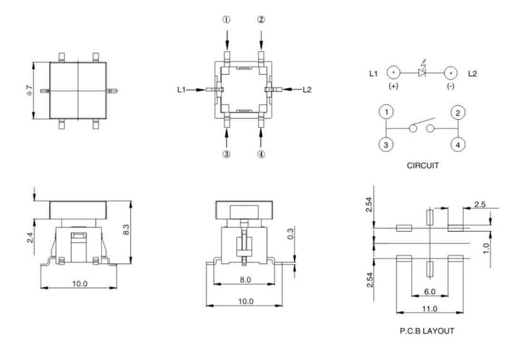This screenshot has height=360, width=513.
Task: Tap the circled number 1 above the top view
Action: coord(227,20)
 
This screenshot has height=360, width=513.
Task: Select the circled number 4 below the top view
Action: coord(261,154)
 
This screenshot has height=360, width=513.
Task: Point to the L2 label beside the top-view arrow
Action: coord(307,89)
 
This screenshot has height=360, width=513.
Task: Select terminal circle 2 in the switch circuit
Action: coord(457,113)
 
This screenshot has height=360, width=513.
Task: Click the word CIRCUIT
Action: coord(422,166)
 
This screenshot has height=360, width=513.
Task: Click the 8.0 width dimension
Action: coord(245,280)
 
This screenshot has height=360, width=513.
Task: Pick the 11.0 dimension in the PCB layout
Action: coord(430,309)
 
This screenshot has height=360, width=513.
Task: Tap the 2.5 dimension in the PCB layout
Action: coord(480,204)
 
